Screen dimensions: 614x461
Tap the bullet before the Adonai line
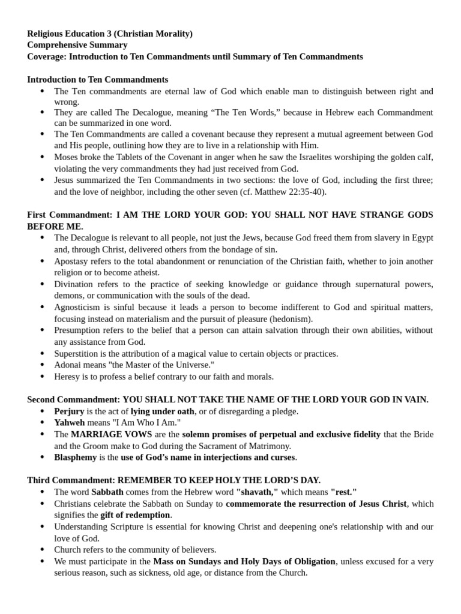point(42,365)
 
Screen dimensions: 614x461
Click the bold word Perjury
point(69,411)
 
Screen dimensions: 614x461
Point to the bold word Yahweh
point(69,423)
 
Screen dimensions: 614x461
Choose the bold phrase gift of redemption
point(136,515)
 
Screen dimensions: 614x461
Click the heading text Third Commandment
point(71,480)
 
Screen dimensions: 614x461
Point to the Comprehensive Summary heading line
point(77,45)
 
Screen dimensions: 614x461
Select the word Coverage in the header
point(47,56)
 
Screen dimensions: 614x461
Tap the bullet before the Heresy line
point(42,377)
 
